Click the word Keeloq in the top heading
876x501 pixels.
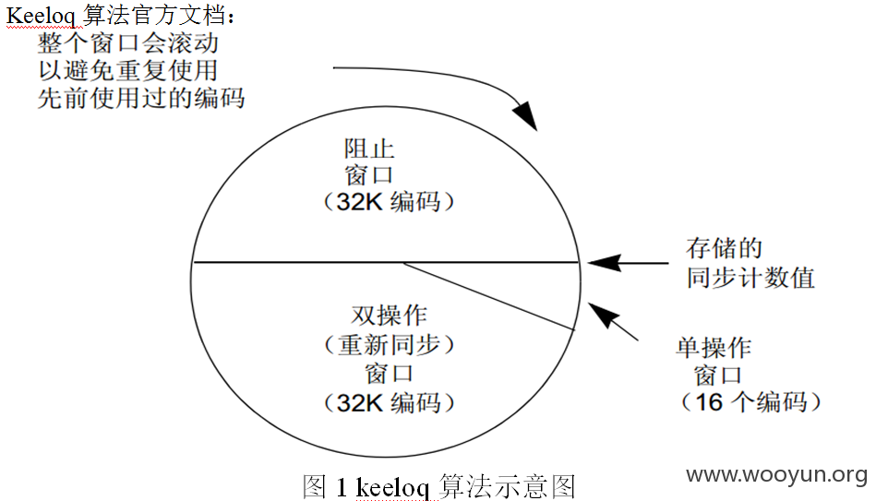[43, 15]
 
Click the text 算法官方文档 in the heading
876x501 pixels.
[155, 15]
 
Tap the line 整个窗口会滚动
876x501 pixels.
[128, 43]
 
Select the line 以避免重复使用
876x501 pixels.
[128, 70]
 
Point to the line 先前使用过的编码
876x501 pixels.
[141, 98]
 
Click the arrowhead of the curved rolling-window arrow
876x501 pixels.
[526, 115]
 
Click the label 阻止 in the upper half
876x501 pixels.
[369, 149]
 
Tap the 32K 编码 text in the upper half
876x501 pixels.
[389, 202]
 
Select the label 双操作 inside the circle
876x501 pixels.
[389, 316]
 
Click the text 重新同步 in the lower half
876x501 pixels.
[389, 345]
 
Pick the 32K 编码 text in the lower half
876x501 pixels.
[389, 402]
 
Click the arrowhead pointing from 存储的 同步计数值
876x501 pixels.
[604, 263]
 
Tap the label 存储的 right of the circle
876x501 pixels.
[724, 248]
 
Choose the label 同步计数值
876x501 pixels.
[750, 278]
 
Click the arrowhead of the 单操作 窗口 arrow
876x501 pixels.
[604, 315]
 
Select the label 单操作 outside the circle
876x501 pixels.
[714, 348]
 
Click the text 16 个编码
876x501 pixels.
[751, 402]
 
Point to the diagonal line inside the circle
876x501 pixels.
[489, 296]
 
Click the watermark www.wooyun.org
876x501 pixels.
[776, 475]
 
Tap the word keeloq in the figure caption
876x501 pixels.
[392, 487]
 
